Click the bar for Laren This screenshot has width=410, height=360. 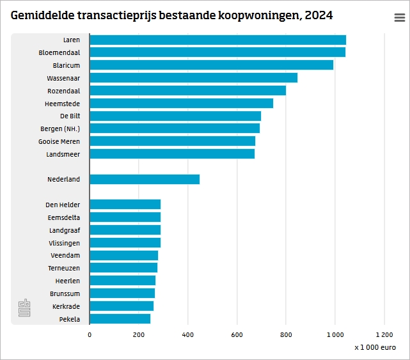tap(217, 40)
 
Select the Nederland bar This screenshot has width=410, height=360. tap(145, 179)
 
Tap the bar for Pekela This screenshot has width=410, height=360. tap(120, 318)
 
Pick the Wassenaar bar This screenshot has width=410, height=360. tap(193, 78)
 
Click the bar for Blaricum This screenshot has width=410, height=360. tap(211, 65)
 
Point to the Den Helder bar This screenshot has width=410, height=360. tap(125, 205)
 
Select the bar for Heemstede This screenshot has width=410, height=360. tap(181, 103)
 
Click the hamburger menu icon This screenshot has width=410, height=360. tap(399, 18)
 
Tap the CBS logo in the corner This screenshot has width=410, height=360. tap(24, 308)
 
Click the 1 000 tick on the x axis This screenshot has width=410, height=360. tap(335, 334)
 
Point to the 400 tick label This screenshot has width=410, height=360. tap(187, 334)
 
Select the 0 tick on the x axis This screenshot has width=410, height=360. tap(90, 334)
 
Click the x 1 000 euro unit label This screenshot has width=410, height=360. tap(375, 347)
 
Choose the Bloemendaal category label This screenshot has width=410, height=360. tap(59, 52)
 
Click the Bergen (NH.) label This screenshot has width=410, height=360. tap(60, 129)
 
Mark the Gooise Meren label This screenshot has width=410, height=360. tap(59, 141)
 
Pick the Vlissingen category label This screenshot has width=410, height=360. tap(64, 243)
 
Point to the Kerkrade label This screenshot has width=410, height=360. tap(66, 306)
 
